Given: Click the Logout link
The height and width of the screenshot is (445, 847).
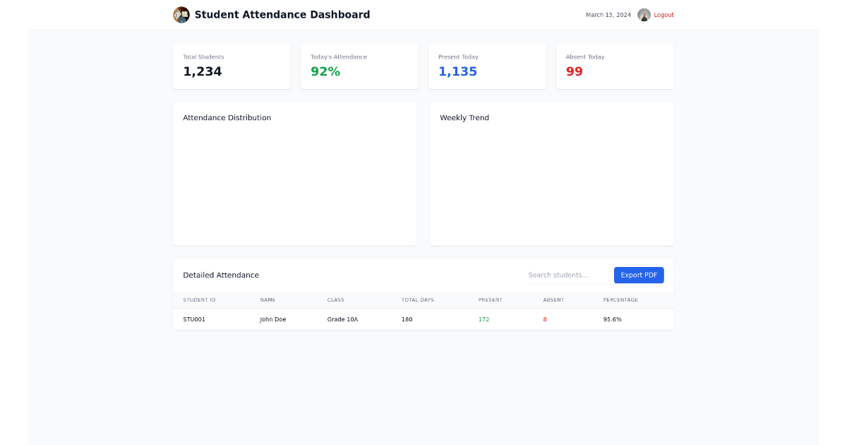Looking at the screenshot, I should [x=663, y=15].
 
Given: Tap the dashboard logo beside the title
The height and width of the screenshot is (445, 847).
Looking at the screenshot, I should [x=181, y=15].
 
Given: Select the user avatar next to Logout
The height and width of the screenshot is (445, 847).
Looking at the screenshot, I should [x=644, y=15].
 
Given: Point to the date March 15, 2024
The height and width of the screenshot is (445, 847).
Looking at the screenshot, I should [x=608, y=15].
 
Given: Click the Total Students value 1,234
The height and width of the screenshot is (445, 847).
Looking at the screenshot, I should [x=203, y=71].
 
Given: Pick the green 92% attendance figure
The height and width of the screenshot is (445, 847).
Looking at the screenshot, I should [x=325, y=71].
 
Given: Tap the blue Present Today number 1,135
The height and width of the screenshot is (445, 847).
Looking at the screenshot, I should [x=457, y=71].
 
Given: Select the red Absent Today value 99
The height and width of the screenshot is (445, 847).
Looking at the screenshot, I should [x=575, y=71].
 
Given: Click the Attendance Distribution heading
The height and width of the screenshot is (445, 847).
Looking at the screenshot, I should [x=227, y=118].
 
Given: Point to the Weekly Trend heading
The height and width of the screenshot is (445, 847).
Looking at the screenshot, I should [x=464, y=118].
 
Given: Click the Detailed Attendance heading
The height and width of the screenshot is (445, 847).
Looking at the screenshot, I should [x=221, y=275].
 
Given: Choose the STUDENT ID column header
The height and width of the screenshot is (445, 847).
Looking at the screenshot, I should [x=199, y=300].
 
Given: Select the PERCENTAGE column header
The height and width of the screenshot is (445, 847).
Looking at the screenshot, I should [x=620, y=300].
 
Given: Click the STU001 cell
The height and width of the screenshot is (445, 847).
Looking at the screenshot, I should [x=194, y=319].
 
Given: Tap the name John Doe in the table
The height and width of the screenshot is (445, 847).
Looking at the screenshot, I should [x=273, y=319].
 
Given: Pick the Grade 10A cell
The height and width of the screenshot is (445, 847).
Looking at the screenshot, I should [x=342, y=319].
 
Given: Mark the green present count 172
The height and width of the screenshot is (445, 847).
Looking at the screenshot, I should [x=483, y=319].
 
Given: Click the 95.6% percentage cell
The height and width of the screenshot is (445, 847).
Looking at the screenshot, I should [x=613, y=319].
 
